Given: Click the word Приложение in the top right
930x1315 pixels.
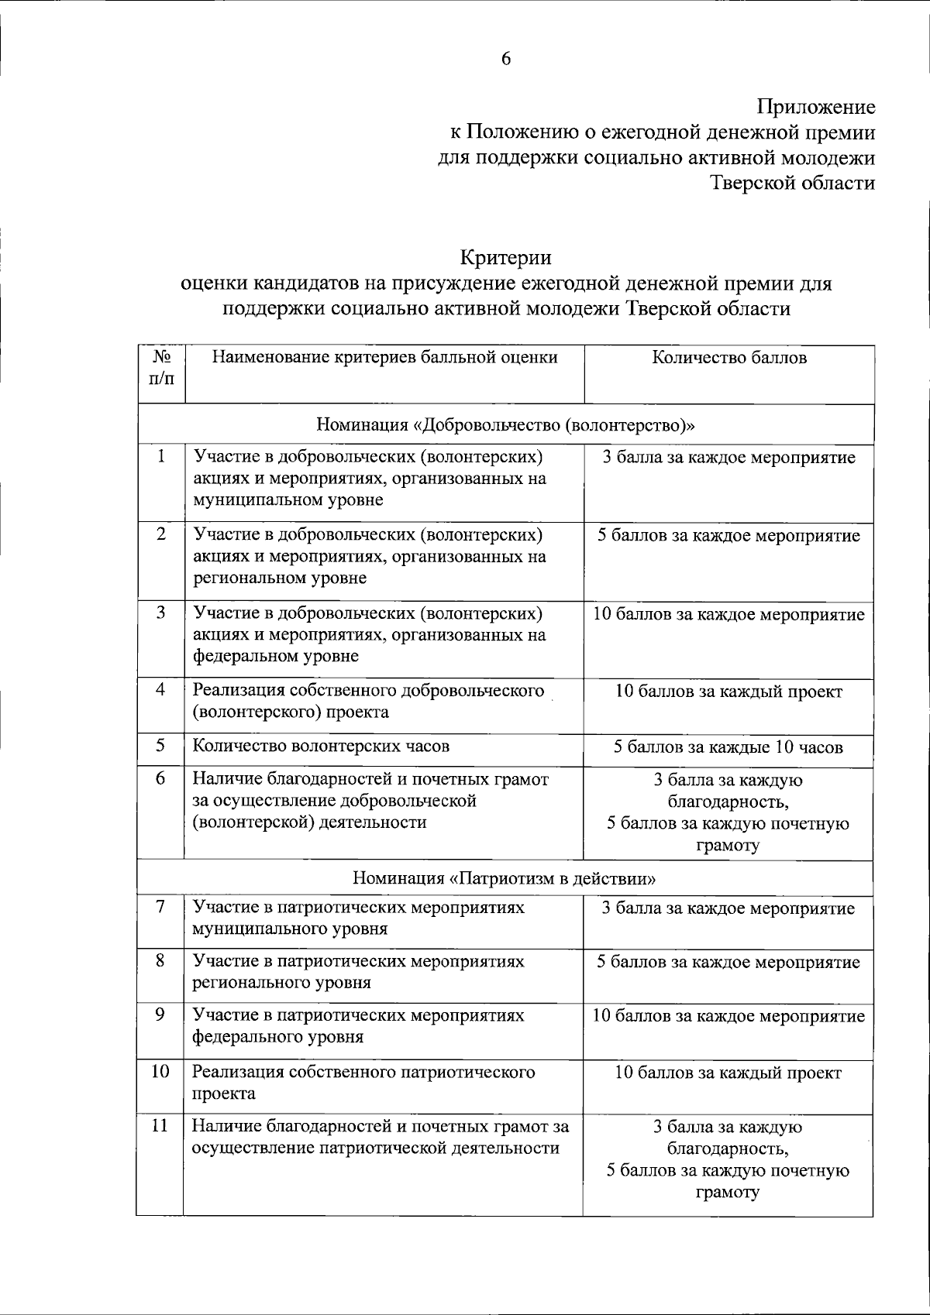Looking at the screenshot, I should click(x=816, y=107).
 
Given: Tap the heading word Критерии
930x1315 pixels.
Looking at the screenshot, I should click(x=506, y=256).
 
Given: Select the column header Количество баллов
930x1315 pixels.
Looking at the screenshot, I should click(x=729, y=358).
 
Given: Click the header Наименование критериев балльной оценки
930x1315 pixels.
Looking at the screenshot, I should click(x=385, y=358).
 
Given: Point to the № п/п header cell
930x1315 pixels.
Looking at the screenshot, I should click(x=162, y=369).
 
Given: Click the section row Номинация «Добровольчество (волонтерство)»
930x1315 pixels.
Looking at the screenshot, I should click(x=505, y=425).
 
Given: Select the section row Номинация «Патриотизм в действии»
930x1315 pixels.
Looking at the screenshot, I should click(x=505, y=878).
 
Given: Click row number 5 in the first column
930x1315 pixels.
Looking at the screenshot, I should click(x=160, y=746).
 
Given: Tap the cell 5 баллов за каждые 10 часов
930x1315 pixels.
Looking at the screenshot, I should click(x=728, y=747).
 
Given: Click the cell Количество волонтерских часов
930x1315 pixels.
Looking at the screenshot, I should click(x=322, y=747).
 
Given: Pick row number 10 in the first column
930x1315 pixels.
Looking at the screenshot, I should click(x=160, y=1072).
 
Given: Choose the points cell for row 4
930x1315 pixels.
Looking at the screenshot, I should click(x=728, y=692).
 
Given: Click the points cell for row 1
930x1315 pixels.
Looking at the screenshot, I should click(x=728, y=458).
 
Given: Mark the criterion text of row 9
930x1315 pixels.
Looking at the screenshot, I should click(x=358, y=1025).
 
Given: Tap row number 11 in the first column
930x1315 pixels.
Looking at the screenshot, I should click(x=160, y=1126).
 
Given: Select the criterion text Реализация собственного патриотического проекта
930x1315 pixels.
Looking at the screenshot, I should click(x=363, y=1083).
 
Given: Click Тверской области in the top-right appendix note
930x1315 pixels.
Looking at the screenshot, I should click(x=794, y=184).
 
